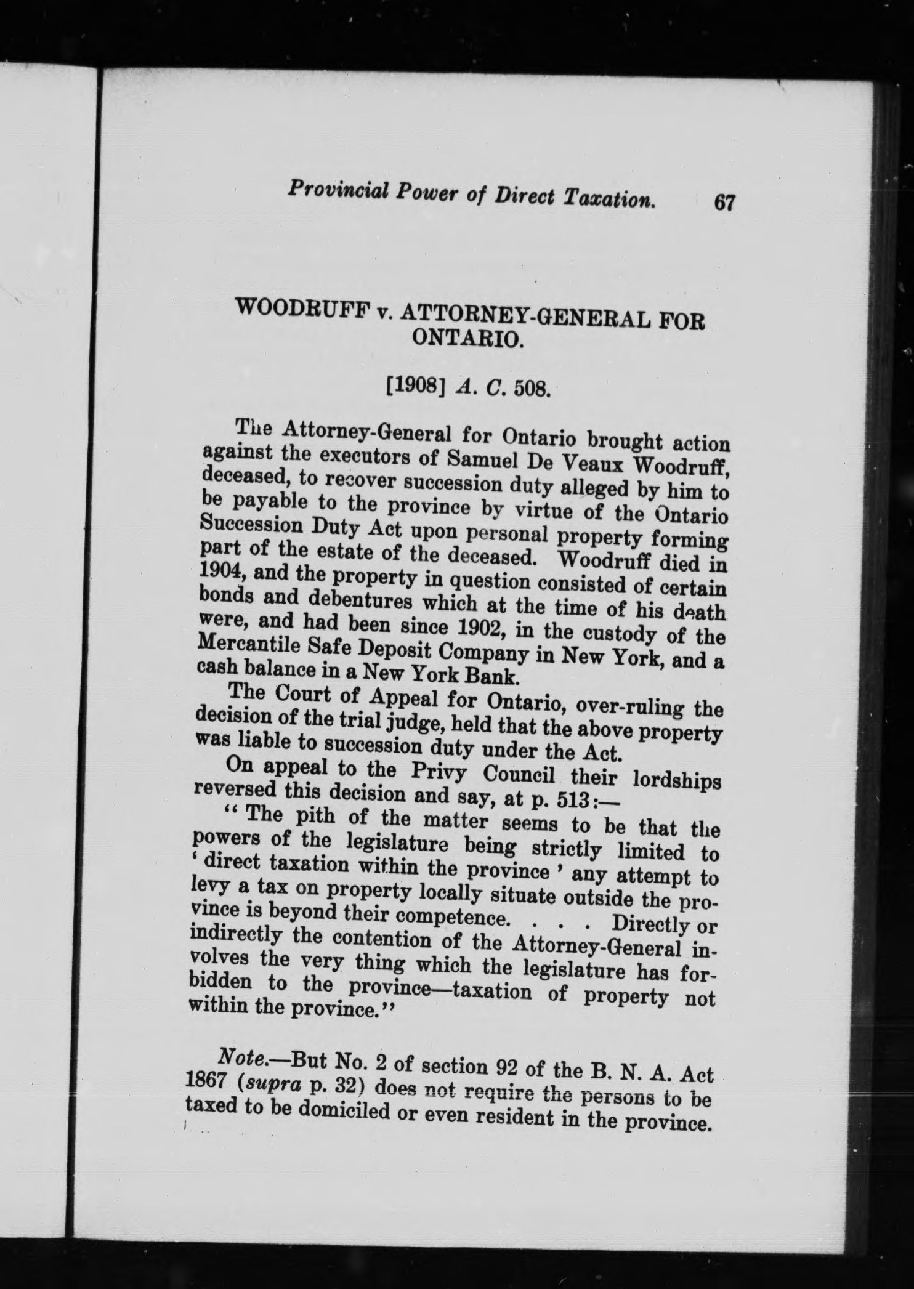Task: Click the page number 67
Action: pyautogui.click(x=723, y=203)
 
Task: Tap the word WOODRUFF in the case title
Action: pyautogui.click(x=305, y=309)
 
